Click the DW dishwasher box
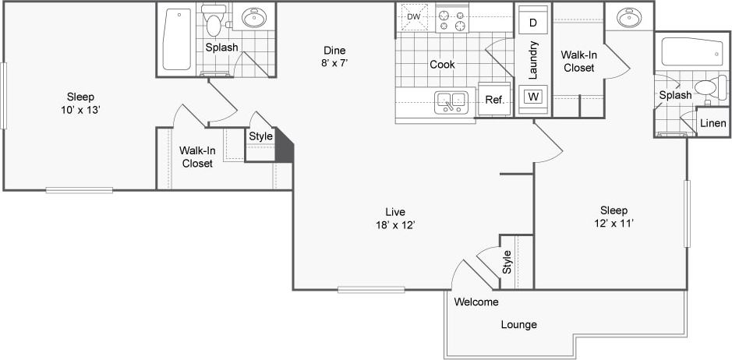[413, 16]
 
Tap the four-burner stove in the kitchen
[452, 19]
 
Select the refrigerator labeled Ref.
[494, 99]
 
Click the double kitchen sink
[451, 100]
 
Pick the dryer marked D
[533, 23]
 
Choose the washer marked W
[533, 97]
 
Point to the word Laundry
[534, 60]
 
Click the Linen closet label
[713, 123]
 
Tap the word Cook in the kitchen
[443, 65]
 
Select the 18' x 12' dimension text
[395, 225]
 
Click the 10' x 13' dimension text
[80, 110]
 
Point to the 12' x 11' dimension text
[614, 224]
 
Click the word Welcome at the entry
[476, 302]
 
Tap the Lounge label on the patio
[518, 324]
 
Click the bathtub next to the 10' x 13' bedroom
[178, 40]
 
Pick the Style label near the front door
[507, 261]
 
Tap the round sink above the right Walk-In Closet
[629, 17]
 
